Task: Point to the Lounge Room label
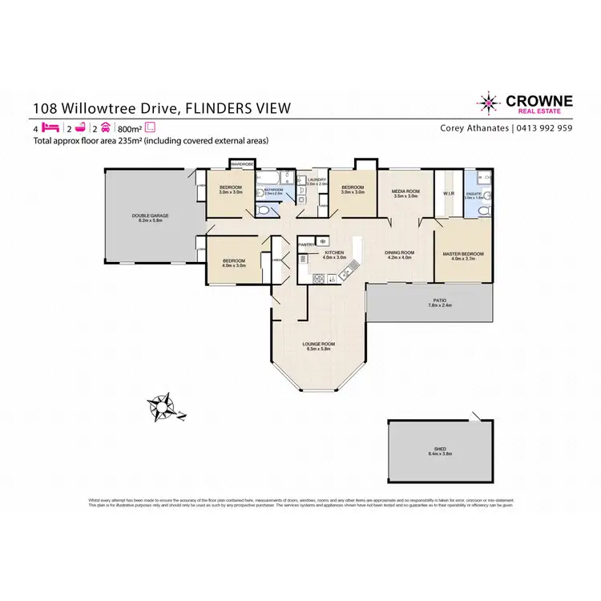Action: (x=318, y=345)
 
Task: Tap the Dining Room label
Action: (x=399, y=254)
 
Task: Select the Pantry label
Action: (x=305, y=243)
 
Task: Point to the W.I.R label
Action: (x=448, y=192)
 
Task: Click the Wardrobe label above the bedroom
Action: (x=242, y=163)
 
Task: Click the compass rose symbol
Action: (x=163, y=407)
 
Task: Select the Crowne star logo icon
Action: (x=486, y=103)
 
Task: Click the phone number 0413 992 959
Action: (x=543, y=127)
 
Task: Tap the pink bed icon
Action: (x=50, y=127)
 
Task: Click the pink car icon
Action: (x=105, y=127)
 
